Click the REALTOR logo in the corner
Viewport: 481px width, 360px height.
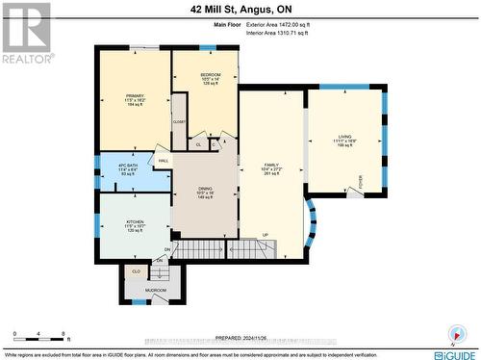26,33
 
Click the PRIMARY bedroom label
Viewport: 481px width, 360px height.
134,96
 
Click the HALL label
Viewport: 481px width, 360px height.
164,160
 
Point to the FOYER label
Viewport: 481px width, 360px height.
360,180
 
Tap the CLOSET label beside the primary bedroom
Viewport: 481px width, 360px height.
179,122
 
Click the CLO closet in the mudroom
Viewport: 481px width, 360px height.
134,271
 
